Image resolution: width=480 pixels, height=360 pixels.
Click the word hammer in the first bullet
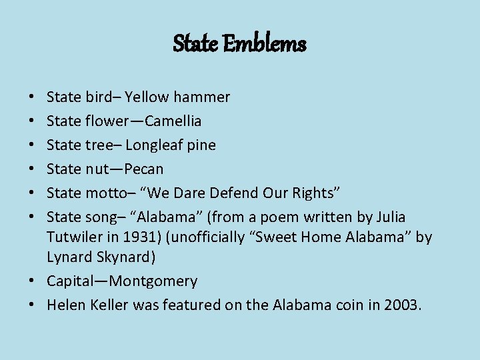pos(202,97)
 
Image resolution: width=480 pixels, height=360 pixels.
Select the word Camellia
pos(173,121)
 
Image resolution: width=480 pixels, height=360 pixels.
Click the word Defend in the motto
pos(233,193)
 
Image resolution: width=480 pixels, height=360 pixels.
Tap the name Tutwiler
pos(75,237)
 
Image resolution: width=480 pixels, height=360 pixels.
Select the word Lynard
pos(67,257)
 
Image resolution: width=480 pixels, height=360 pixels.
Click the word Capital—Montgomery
pos(122,281)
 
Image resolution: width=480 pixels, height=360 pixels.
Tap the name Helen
pos(65,305)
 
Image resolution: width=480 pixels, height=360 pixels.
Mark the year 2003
pos(402,305)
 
